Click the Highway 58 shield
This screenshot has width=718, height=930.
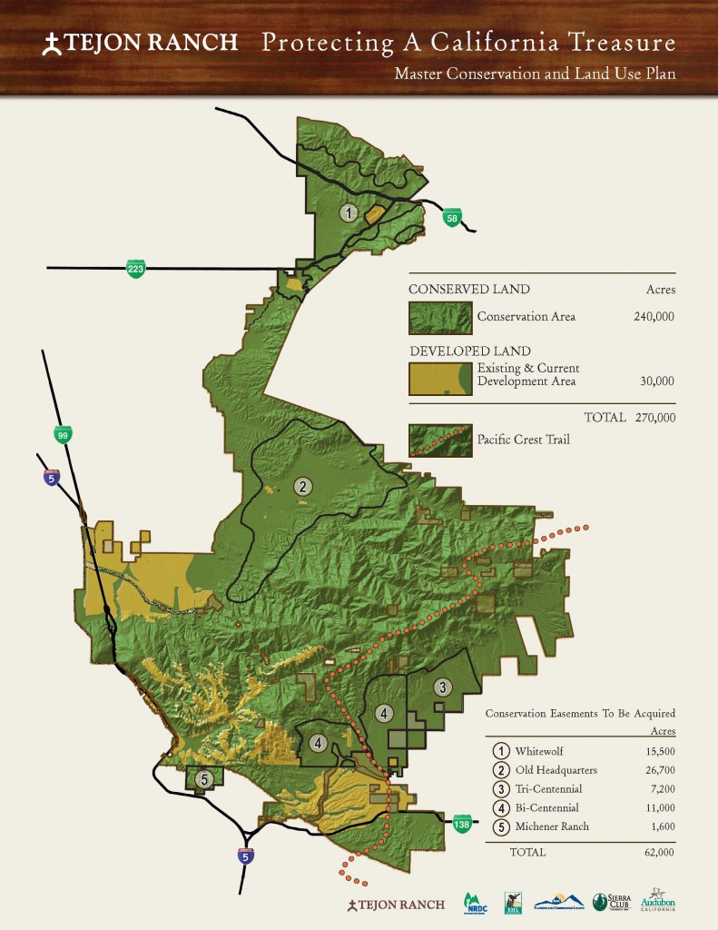(452, 217)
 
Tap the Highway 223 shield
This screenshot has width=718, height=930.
(136, 268)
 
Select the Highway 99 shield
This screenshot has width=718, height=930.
(63, 434)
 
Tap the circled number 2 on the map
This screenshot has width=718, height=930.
(302, 487)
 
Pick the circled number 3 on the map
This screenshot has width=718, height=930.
(442, 687)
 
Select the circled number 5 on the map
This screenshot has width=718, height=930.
(204, 778)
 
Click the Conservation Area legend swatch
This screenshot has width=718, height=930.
(440, 318)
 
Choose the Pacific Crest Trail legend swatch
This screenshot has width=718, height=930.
(440, 441)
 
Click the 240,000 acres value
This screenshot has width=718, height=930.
(654, 318)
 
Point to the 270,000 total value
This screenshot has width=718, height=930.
(654, 418)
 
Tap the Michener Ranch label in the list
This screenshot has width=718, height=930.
(552, 826)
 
